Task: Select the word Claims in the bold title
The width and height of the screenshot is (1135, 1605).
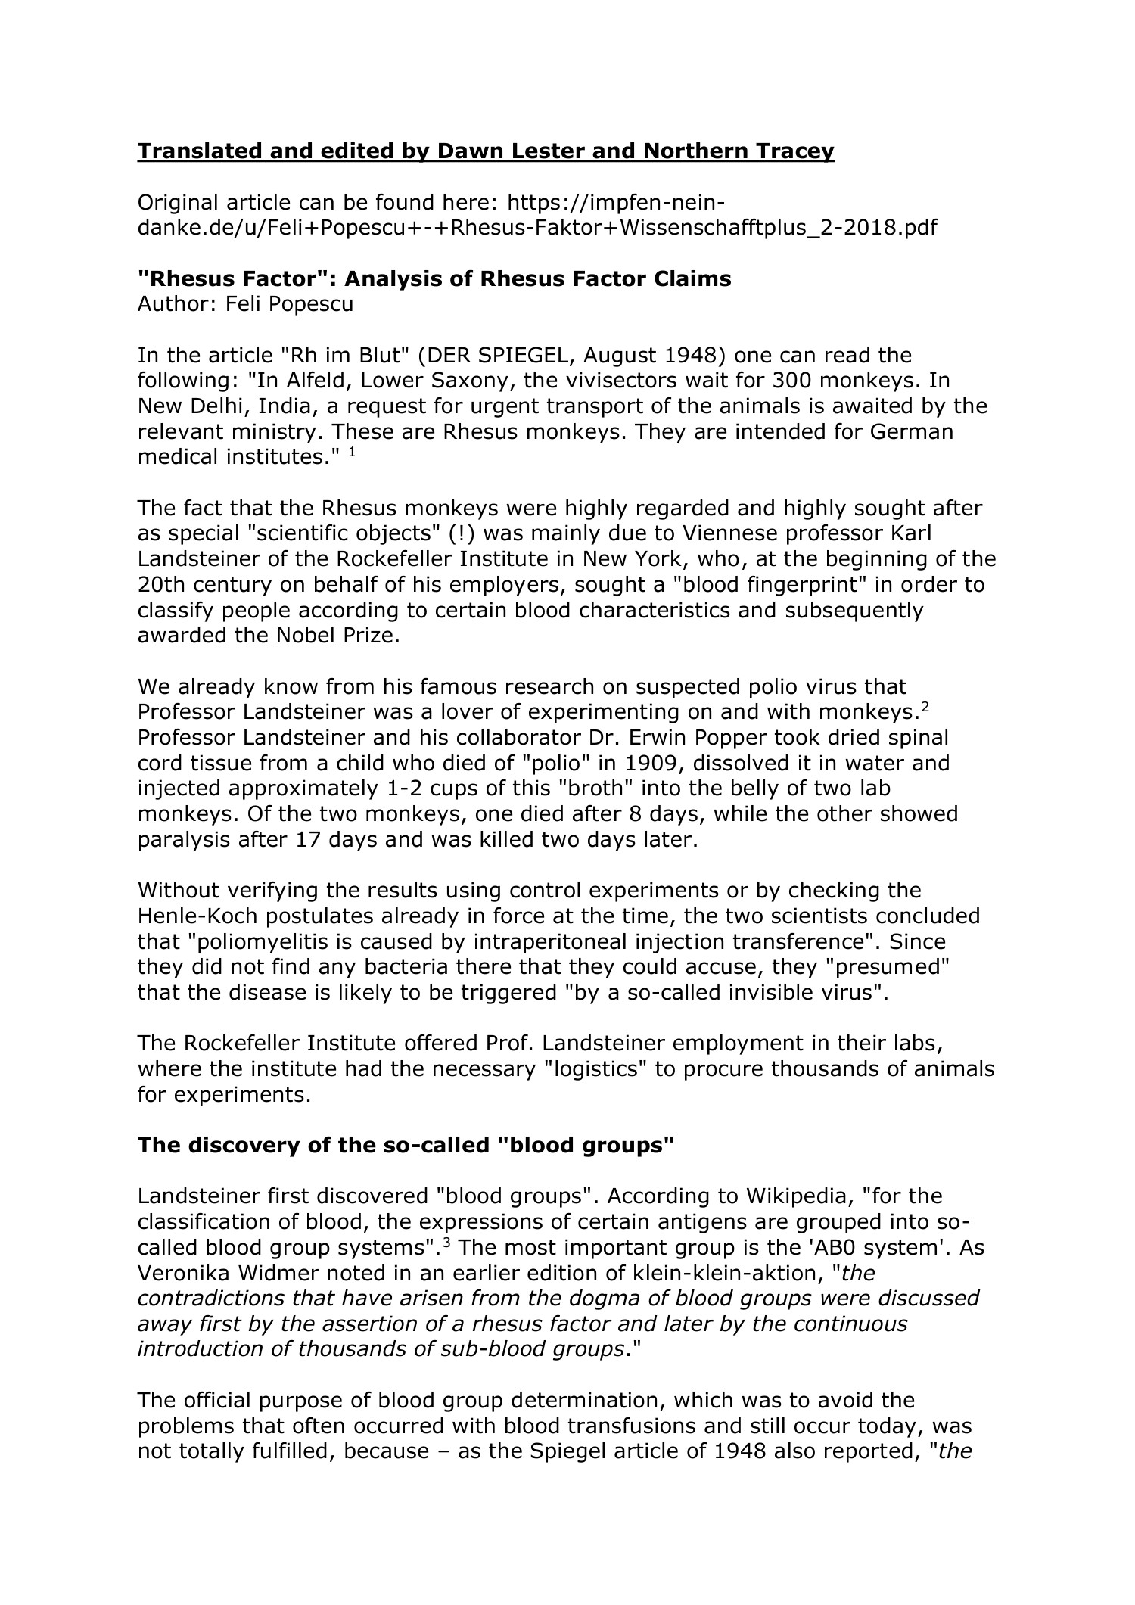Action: click(691, 278)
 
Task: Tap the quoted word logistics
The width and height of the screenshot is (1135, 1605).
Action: click(679, 1069)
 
